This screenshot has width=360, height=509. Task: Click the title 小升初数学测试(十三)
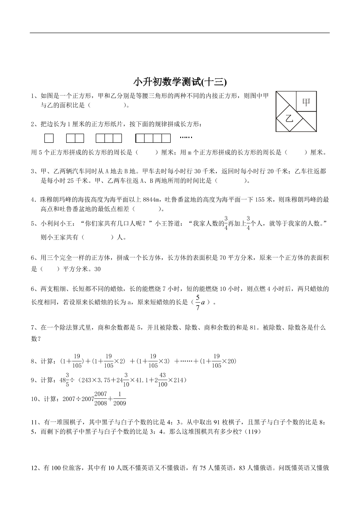180,82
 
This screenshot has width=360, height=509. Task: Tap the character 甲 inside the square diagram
306,103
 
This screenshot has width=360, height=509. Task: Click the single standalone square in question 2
49,138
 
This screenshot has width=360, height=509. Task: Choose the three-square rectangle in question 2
108,138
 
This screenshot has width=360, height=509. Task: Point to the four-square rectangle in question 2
153,138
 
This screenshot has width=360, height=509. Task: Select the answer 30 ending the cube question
97,269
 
